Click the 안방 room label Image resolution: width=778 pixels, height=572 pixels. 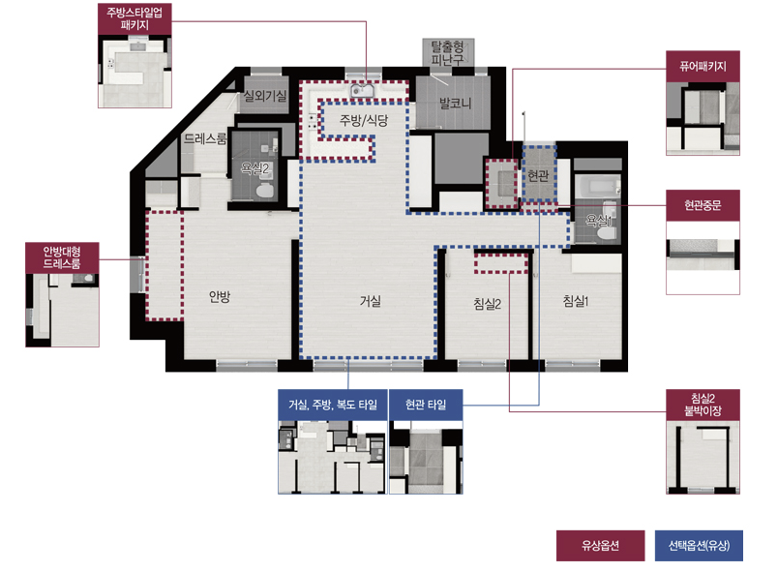click(220, 297)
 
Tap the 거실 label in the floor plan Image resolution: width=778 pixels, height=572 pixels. click(371, 301)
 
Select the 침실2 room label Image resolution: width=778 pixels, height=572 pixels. click(488, 304)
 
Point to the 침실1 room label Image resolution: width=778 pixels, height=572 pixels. click(576, 301)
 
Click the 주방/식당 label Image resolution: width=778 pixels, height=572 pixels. click(364, 120)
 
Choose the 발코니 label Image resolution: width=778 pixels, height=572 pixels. click(455, 104)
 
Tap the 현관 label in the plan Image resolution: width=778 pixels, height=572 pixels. click(538, 175)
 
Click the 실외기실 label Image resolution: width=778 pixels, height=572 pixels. click(265, 95)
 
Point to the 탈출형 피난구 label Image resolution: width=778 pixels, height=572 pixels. click(448, 53)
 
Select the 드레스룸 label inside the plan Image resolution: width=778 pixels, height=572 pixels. click(205, 138)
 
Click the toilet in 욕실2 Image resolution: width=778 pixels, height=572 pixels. click(264, 191)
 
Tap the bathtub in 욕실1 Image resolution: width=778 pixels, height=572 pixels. click(597, 187)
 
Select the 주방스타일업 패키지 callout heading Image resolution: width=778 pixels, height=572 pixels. click(135, 18)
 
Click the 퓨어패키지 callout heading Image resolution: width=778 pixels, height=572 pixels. click(703, 66)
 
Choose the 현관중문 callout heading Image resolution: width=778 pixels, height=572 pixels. click(703, 205)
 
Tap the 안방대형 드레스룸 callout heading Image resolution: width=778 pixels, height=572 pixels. click(62, 257)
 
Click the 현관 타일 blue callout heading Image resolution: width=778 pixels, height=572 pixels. click(426, 405)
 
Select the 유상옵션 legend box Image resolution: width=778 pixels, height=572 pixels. click(600, 546)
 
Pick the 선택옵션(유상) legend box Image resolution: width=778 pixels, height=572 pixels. click(699, 546)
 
